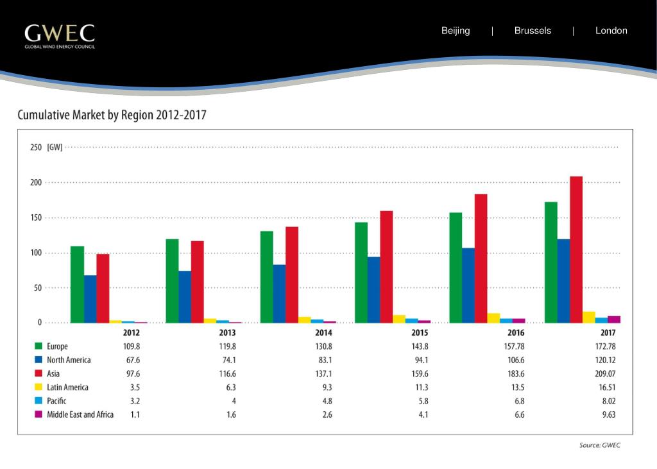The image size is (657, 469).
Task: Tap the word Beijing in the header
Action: click(456, 31)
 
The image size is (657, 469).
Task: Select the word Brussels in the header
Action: click(533, 31)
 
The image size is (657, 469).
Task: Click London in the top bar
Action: click(611, 31)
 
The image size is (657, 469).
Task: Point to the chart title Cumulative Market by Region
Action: click(112, 115)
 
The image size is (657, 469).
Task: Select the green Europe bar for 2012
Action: click(77, 284)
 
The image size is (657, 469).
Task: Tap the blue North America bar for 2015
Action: click(374, 289)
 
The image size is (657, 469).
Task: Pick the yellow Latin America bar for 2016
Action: click(493, 318)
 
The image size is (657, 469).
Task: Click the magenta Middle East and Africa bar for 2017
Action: click(614, 319)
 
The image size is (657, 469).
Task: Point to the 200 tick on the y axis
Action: click(36, 183)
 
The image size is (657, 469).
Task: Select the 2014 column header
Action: click(323, 333)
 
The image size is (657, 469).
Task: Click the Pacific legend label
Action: click(56, 401)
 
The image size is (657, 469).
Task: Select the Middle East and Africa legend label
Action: click(80, 414)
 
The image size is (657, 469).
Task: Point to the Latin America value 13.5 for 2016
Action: click(516, 388)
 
